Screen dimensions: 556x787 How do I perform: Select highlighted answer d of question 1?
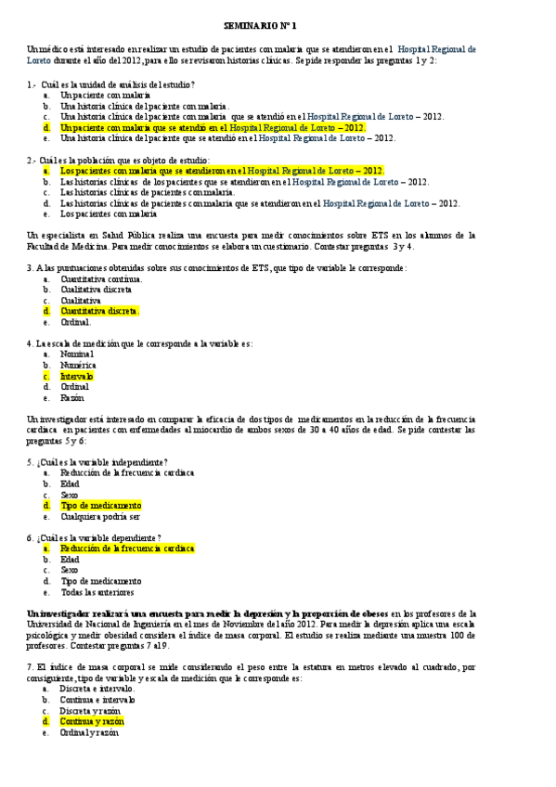[213, 127]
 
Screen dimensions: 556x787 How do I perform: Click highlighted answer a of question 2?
[222, 171]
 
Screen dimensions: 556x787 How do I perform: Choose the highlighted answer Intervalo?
[77, 377]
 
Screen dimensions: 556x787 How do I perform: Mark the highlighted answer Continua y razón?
[91, 721]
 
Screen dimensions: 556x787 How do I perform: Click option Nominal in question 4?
[77, 355]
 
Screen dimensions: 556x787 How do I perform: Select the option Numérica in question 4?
[78, 366]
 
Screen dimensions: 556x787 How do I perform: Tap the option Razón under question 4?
[74, 398]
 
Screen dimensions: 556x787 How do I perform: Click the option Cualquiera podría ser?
[100, 517]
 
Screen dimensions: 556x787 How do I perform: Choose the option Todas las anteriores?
[97, 592]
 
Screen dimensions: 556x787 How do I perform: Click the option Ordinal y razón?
[90, 732]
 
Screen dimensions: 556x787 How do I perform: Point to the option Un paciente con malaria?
[105, 95]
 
